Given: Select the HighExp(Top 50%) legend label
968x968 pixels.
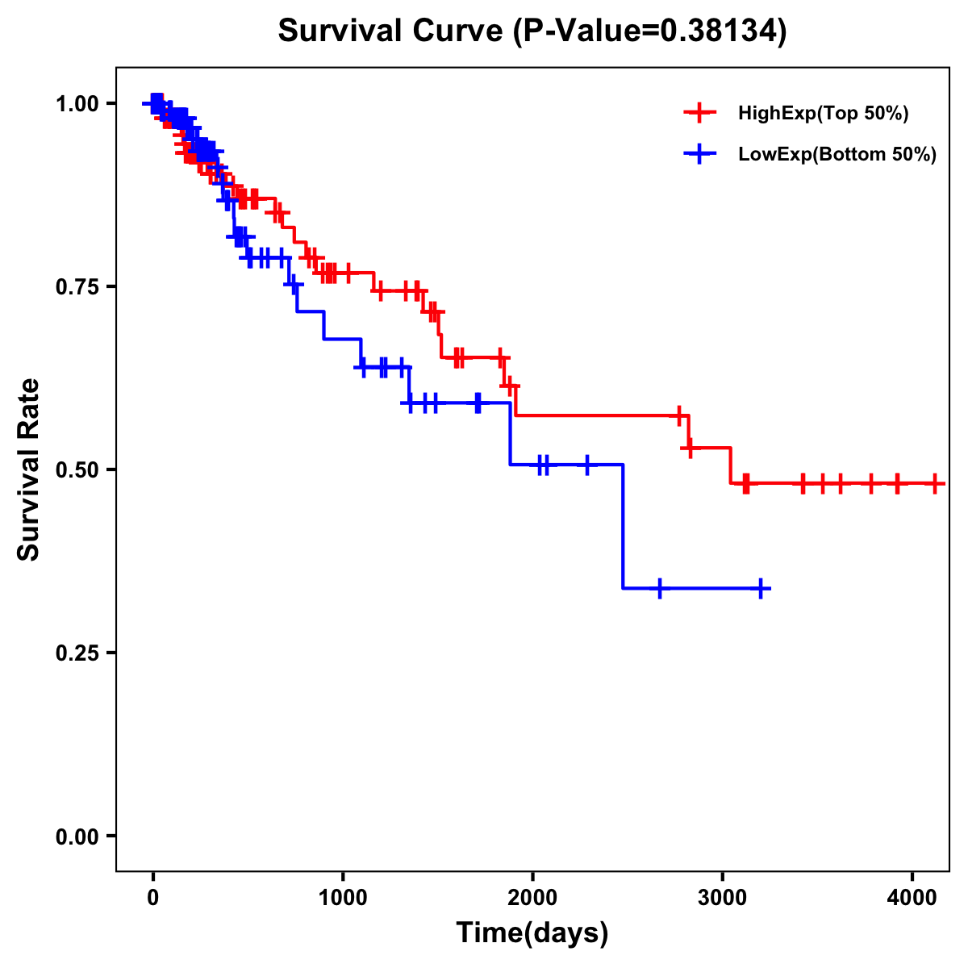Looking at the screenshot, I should [x=823, y=114].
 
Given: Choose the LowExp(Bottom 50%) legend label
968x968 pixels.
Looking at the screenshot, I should [x=837, y=155].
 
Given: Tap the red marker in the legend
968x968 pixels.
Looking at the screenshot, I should [x=699, y=114].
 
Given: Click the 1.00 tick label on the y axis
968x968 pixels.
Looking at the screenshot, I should [x=77, y=103].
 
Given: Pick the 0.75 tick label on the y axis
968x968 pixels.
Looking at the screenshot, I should [x=77, y=286].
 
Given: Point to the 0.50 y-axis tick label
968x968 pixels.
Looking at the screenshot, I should [x=77, y=469].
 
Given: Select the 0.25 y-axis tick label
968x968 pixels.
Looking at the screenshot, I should [x=77, y=653].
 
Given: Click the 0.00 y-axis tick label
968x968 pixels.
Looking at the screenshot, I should [x=77, y=836].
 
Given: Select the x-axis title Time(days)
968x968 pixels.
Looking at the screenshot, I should [x=532, y=933].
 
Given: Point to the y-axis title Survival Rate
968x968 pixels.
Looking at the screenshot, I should [x=29, y=469].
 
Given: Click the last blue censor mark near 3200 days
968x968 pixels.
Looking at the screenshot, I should [x=760, y=589].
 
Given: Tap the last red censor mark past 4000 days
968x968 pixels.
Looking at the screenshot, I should [x=934, y=484].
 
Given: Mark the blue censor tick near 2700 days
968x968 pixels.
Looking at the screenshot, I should [x=660, y=589].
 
